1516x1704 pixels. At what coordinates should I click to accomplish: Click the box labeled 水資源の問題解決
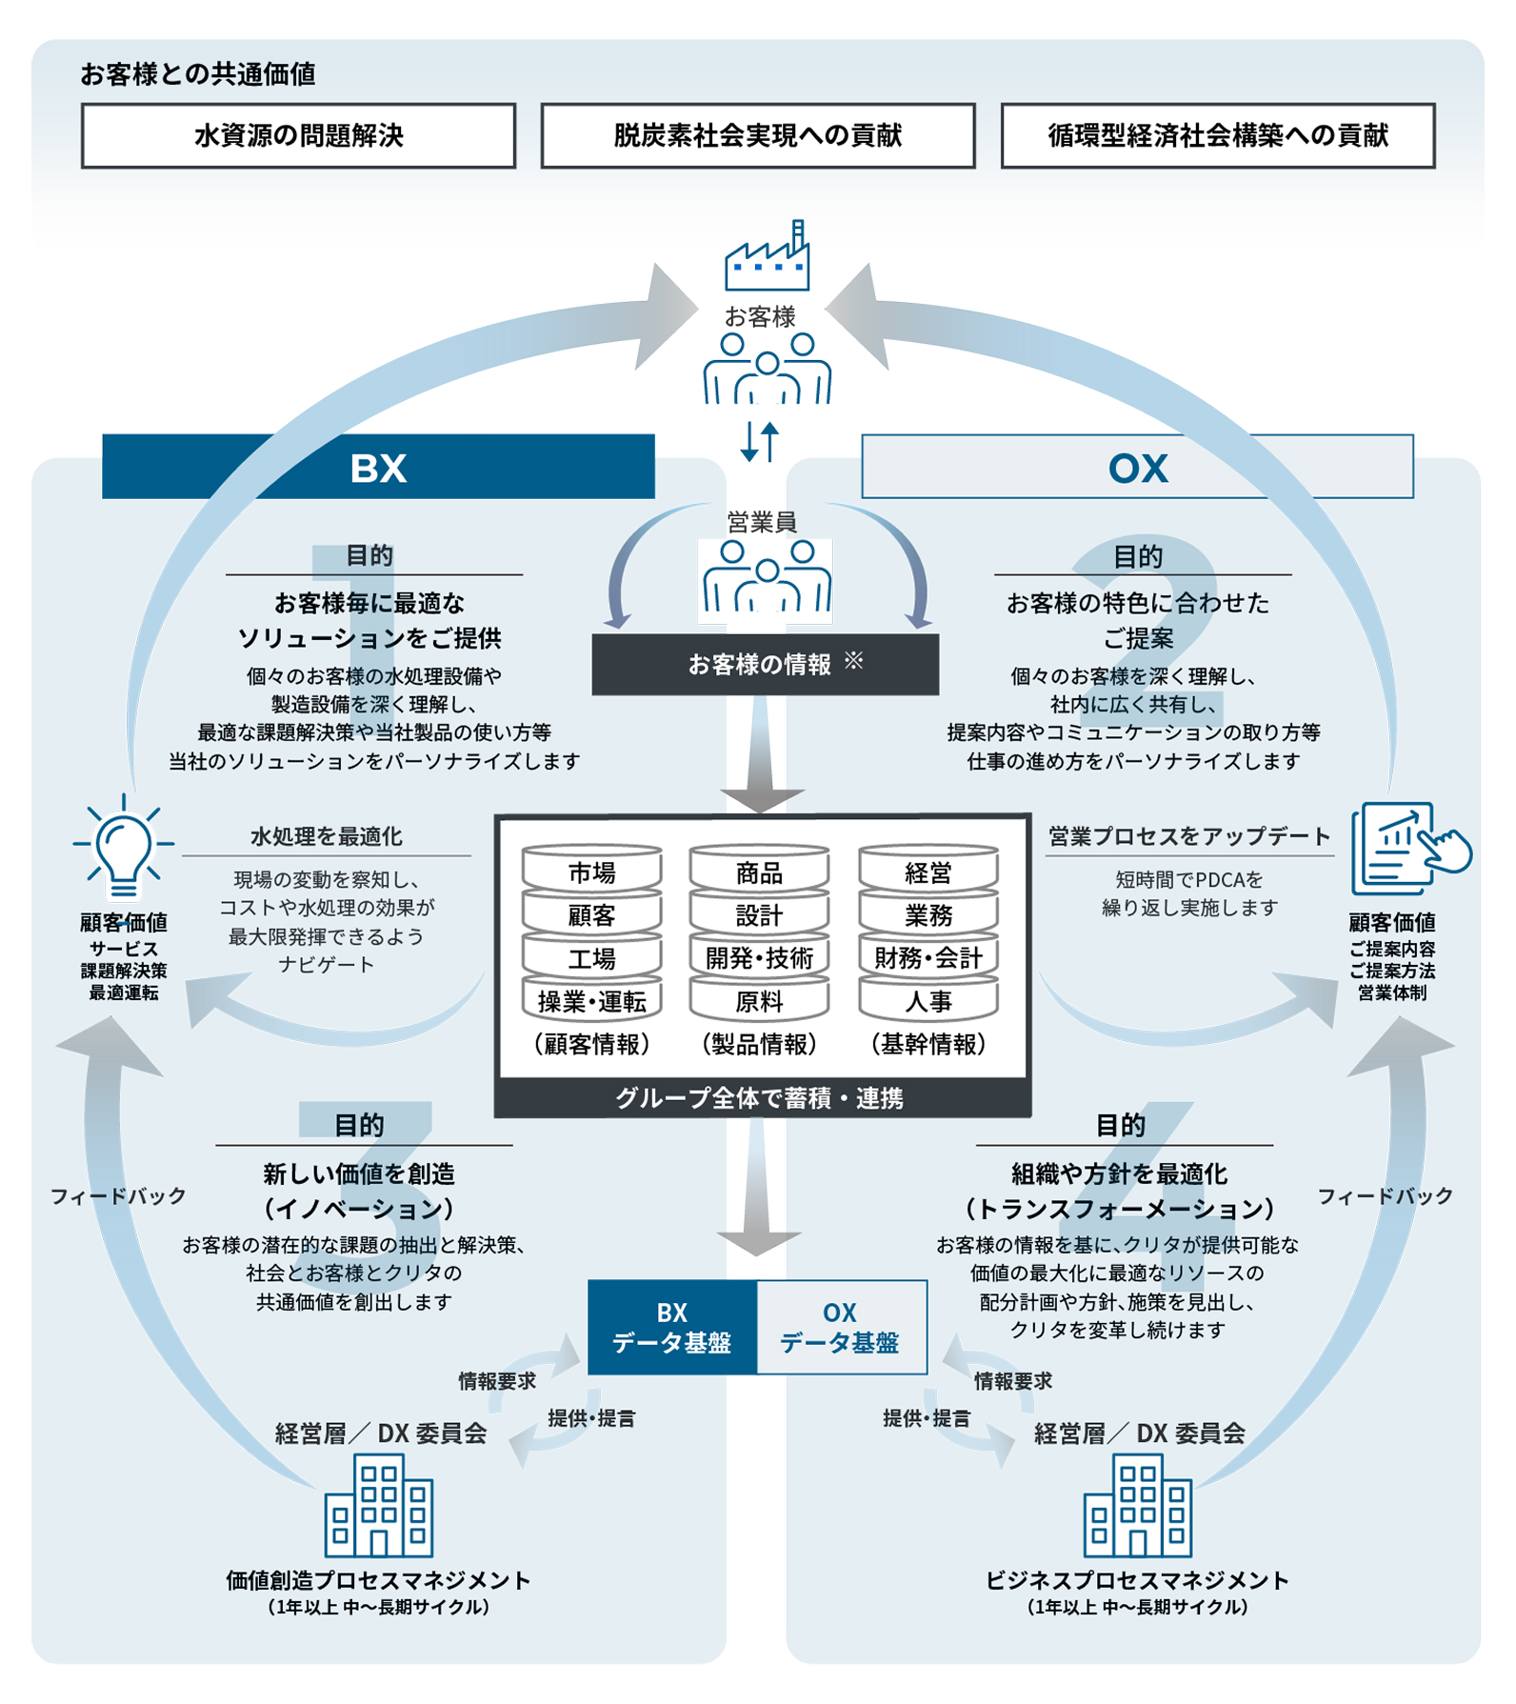(298, 136)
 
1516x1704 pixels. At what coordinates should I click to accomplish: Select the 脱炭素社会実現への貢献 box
(758, 136)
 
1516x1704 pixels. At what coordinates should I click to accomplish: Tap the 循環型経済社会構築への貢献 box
(1217, 136)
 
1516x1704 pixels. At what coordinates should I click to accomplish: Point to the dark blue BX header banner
(378, 467)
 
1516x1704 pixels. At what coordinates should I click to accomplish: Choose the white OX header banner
(1137, 467)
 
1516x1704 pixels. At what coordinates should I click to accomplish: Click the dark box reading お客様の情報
(765, 664)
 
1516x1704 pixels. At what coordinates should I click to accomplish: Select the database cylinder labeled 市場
(591, 872)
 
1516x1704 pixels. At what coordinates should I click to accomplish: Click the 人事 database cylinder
(928, 1001)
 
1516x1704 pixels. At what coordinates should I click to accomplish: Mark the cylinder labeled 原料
(759, 1001)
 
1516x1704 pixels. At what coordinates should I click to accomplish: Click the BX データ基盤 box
(672, 1327)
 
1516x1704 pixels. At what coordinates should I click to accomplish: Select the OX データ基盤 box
(841, 1327)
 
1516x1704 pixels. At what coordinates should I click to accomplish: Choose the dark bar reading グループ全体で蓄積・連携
(761, 1098)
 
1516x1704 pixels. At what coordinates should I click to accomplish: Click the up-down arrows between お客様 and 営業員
(760, 441)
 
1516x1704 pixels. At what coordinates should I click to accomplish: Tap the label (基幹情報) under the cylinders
(928, 1044)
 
